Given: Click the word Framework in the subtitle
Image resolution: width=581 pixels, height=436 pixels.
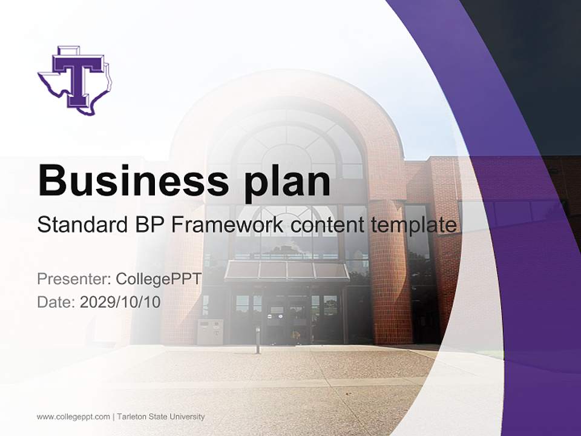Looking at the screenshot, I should pos(228,225).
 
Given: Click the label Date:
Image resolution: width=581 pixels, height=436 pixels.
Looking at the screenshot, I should pos(56,302).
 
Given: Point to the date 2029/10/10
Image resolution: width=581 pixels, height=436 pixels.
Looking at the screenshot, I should pos(120,302).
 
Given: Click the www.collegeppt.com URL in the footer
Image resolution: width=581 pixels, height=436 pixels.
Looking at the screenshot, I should pos(73,417).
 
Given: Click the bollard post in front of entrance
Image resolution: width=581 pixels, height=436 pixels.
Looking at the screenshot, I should pos(258,339).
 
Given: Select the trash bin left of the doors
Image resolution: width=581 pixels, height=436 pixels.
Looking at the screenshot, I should pos(210,332).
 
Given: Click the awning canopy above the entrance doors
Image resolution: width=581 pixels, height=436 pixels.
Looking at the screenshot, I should pos(287,271).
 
